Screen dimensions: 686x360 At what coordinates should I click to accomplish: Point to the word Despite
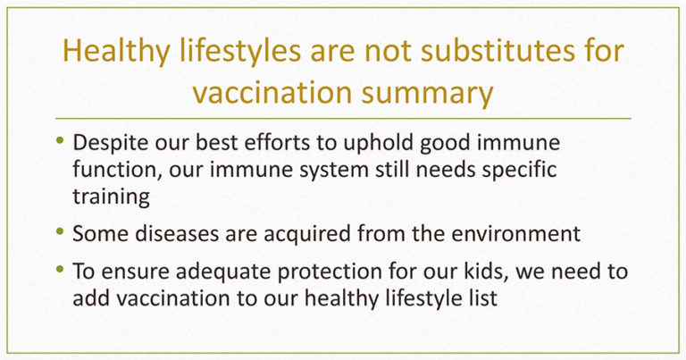(111, 144)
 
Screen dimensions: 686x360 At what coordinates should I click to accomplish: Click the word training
(111, 197)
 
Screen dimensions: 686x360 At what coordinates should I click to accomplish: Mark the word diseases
(177, 233)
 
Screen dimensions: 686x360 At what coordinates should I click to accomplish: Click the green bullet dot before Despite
(60, 140)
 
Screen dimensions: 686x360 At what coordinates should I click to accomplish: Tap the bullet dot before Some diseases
(60, 232)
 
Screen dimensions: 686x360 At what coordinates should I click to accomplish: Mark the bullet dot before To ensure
(60, 269)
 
